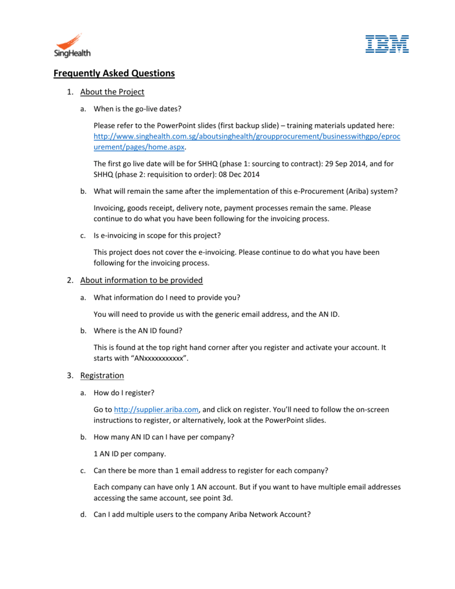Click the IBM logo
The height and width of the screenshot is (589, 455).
[x=387, y=44]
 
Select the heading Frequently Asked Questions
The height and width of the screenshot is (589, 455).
[x=114, y=74]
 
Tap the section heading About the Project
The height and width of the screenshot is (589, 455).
[x=112, y=92]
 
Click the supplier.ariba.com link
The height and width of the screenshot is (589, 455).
[x=156, y=410]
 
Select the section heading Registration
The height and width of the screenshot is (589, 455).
[x=102, y=376]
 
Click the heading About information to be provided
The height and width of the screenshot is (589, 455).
[x=142, y=280]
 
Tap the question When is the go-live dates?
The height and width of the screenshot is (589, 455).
[x=141, y=109]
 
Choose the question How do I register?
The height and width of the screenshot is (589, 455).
[x=124, y=393]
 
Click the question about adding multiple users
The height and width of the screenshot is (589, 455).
[x=202, y=515]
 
